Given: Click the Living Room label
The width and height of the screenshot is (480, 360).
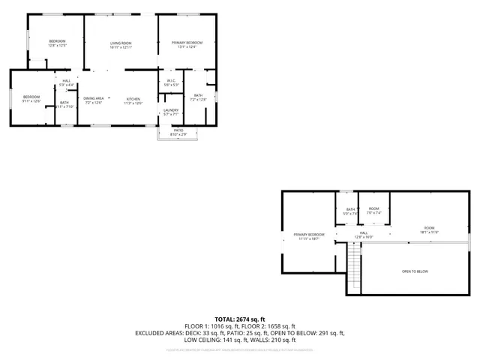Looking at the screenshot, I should [x=121, y=44].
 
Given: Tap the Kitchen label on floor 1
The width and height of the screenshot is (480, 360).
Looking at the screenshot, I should [x=133, y=100].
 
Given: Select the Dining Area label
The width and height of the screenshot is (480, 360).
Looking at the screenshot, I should [x=94, y=100].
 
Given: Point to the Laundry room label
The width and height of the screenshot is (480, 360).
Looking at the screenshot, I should [x=171, y=112].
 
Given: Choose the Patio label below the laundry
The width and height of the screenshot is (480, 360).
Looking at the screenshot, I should [x=178, y=132].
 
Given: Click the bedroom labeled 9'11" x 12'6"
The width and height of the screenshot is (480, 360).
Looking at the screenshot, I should [x=31, y=98].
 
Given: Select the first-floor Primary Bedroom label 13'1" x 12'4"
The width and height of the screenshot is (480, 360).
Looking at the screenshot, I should [x=186, y=44].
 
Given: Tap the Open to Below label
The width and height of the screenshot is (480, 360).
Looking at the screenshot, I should [x=415, y=271].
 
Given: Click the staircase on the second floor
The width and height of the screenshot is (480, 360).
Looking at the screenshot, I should [x=354, y=267].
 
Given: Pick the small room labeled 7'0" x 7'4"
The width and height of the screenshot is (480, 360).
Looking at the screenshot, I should [x=373, y=211].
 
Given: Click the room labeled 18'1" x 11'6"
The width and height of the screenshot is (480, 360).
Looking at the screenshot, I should [x=429, y=229].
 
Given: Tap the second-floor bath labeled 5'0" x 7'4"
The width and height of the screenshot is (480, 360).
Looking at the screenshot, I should [x=349, y=211].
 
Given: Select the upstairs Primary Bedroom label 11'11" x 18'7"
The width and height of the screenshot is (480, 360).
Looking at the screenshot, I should [x=307, y=236].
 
